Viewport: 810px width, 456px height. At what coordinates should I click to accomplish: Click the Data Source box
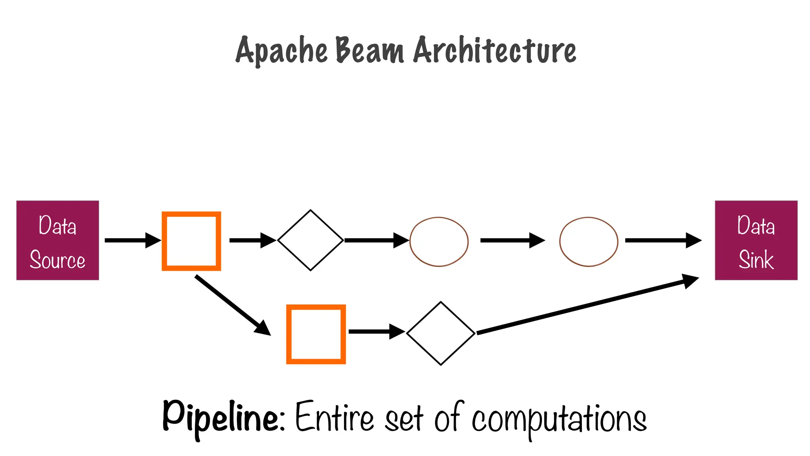click(x=58, y=240)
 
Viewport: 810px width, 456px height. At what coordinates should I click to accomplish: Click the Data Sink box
click(x=756, y=240)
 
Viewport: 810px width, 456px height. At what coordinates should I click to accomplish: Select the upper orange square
click(x=191, y=241)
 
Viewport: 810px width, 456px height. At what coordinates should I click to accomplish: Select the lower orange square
click(x=316, y=334)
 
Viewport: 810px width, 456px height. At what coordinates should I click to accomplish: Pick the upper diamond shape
click(x=310, y=240)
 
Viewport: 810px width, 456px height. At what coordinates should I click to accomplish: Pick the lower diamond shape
click(x=441, y=333)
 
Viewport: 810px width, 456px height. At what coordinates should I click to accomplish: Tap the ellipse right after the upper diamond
click(x=439, y=241)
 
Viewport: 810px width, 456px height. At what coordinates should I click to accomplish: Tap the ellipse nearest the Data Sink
click(x=589, y=241)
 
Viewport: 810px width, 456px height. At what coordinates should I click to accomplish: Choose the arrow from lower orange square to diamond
click(x=376, y=331)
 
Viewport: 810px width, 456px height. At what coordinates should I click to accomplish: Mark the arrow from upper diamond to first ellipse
click(x=376, y=240)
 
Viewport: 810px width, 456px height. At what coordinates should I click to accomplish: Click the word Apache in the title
click(x=282, y=51)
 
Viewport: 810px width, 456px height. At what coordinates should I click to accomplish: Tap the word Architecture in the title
click(x=495, y=51)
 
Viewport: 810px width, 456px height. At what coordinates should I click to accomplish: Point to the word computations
click(x=559, y=419)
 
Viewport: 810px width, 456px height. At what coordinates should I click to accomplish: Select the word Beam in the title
click(x=370, y=51)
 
